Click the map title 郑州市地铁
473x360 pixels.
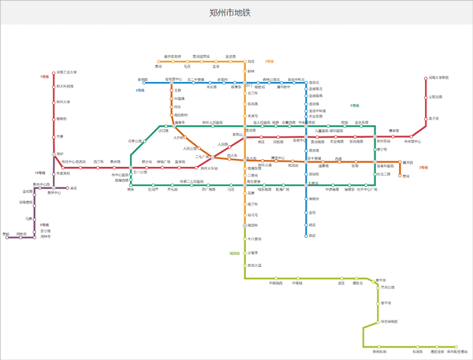[236, 13]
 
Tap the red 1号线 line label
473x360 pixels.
[46, 76]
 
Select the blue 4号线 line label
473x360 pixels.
[140, 91]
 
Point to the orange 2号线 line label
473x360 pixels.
[270, 61]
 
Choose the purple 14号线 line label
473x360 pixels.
[39, 172]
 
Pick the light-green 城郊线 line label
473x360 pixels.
[234, 253]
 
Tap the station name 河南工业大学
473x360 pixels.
[67, 72]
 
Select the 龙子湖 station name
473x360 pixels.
[434, 118]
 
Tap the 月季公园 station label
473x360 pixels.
[137, 141]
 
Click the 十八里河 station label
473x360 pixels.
[255, 238]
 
